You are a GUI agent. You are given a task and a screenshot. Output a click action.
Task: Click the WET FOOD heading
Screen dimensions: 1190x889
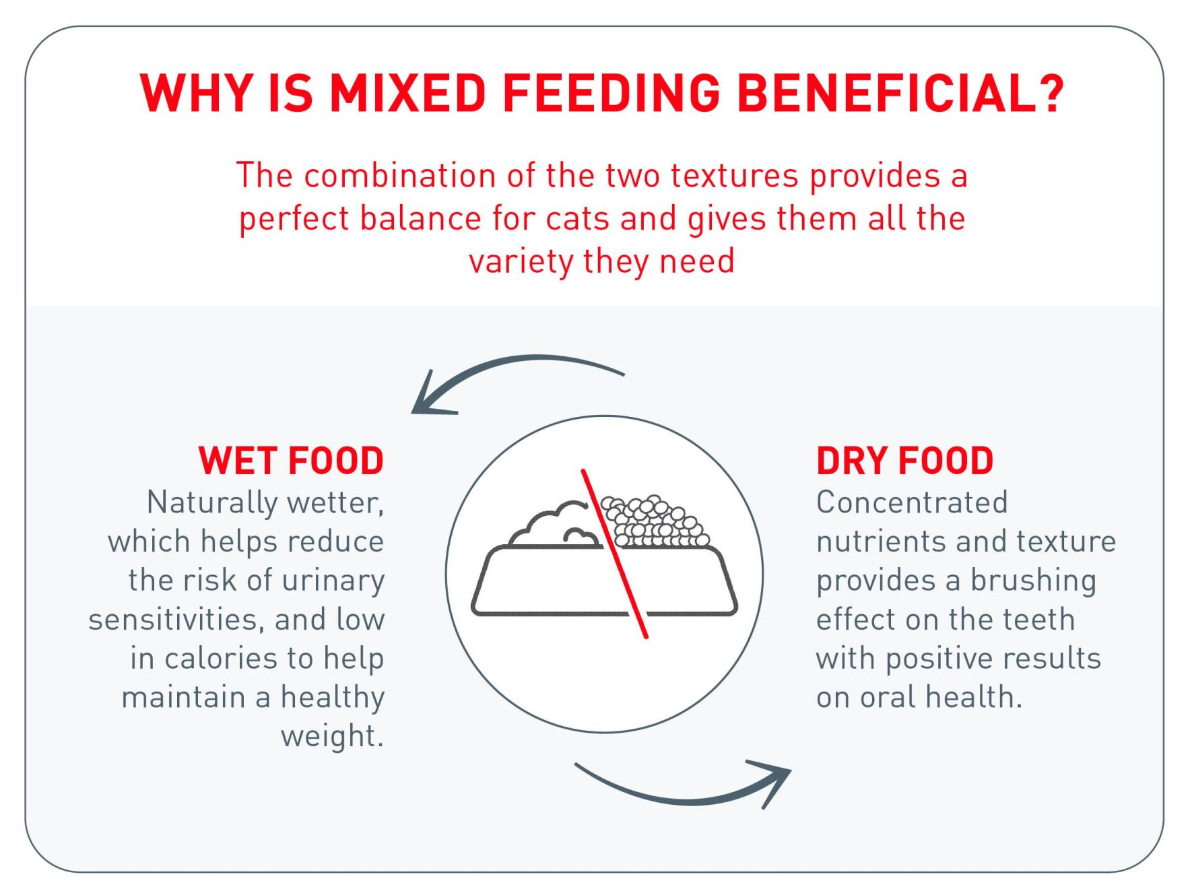click(x=291, y=461)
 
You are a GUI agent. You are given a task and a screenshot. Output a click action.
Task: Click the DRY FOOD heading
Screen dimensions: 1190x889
click(x=904, y=461)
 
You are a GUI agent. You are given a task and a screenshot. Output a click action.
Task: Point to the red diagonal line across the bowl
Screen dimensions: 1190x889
click(x=615, y=554)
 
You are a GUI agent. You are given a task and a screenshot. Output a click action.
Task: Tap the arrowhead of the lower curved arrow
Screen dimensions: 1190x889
click(x=772, y=781)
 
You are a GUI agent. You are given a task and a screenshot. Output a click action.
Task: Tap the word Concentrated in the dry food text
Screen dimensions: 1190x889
click(x=912, y=502)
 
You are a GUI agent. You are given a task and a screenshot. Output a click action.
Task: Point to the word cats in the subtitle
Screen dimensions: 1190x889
click(x=577, y=219)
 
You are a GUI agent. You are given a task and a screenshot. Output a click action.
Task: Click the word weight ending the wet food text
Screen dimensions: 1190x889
click(x=332, y=737)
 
